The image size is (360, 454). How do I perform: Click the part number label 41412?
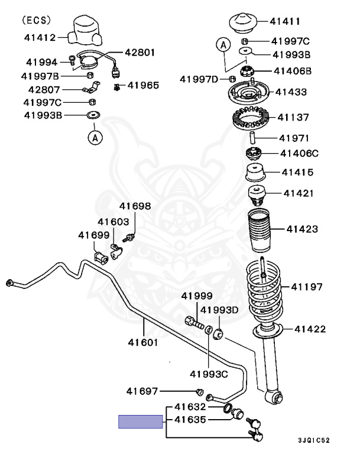(x=40, y=37)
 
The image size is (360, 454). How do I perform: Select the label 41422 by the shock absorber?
(x=310, y=329)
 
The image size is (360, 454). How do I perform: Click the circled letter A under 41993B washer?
(x=95, y=138)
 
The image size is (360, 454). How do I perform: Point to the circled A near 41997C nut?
(x=223, y=44)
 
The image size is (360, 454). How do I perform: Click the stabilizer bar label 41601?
(x=143, y=341)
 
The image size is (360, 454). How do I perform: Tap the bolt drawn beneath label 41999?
(x=194, y=322)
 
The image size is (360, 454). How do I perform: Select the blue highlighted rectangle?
(x=140, y=421)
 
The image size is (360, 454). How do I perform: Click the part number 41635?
(x=190, y=420)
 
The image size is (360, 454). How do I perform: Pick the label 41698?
(x=135, y=206)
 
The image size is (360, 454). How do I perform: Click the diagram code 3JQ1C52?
(x=314, y=440)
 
